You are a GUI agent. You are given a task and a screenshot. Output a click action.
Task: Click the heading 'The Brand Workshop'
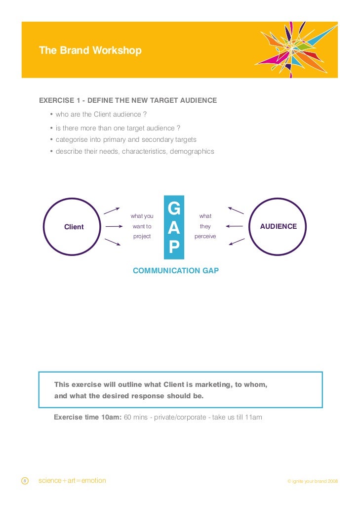click(x=90, y=51)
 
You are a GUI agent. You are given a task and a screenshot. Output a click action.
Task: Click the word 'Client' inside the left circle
click(x=74, y=227)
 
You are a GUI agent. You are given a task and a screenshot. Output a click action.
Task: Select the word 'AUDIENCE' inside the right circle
click(x=279, y=226)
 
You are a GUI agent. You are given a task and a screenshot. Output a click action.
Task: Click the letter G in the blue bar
click(x=174, y=209)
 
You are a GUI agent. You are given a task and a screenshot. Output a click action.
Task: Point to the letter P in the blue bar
click(x=174, y=247)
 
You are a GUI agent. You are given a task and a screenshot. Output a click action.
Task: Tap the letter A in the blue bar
click(x=174, y=228)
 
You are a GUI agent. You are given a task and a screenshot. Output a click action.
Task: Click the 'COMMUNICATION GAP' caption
click(x=176, y=271)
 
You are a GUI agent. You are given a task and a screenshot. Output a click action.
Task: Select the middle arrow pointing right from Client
click(x=114, y=227)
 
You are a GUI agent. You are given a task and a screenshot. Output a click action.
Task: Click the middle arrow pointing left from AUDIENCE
click(x=235, y=226)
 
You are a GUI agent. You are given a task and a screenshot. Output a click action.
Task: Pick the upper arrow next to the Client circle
click(x=112, y=210)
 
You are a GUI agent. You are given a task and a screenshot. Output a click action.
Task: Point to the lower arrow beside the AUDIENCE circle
click(x=237, y=242)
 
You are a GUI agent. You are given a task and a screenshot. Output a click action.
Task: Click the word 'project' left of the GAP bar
click(x=142, y=237)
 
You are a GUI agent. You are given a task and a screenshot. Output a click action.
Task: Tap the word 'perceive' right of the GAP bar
click(x=205, y=237)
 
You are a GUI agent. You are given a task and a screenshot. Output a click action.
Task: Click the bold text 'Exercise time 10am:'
click(x=87, y=417)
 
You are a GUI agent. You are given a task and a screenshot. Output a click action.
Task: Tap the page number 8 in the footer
click(x=25, y=481)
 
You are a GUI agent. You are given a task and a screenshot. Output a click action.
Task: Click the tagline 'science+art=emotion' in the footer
click(x=72, y=480)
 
